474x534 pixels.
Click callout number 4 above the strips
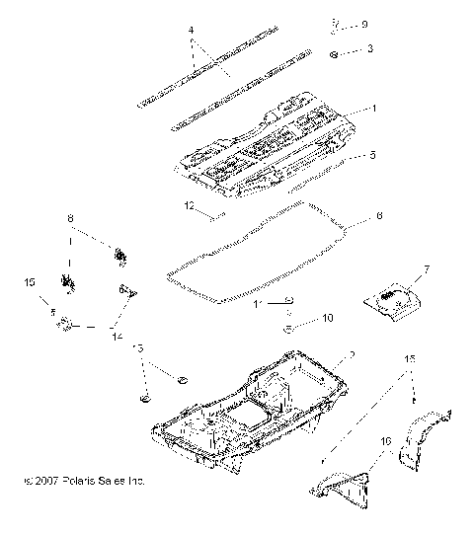(190, 31)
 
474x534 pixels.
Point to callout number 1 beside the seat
(372, 109)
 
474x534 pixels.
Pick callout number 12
(189, 207)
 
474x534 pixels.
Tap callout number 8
(70, 217)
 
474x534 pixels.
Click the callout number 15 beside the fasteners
(30, 282)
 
